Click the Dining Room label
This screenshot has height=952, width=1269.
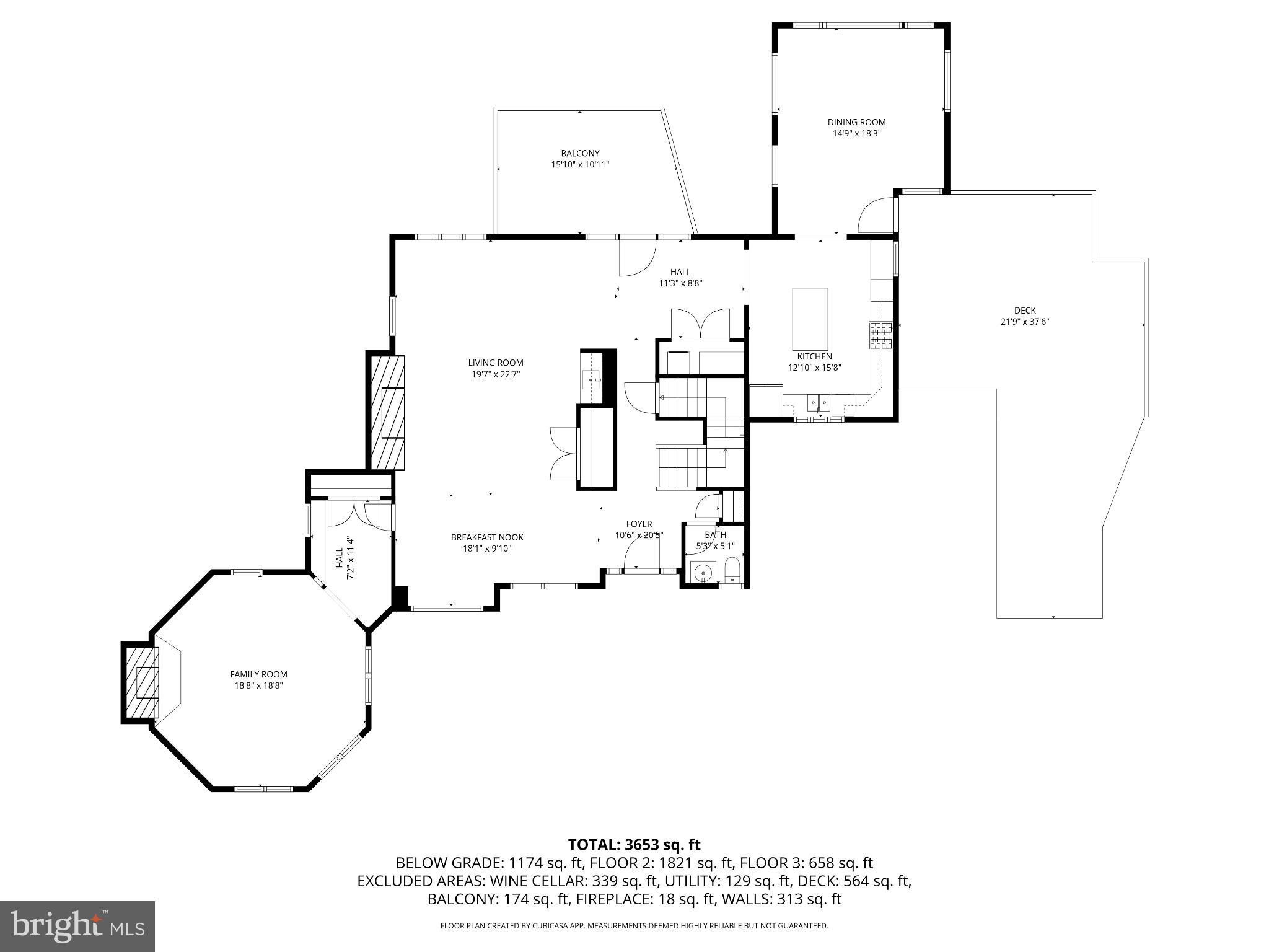856,122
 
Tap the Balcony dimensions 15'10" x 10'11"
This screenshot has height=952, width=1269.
580,165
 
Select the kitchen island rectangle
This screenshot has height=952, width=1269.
810,319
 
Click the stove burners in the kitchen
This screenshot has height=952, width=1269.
880,336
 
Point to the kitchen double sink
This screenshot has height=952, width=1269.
819,404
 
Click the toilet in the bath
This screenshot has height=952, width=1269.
732,570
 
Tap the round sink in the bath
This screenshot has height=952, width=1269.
704,573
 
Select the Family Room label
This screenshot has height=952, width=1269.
258,674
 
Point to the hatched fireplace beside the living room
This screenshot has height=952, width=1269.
387,412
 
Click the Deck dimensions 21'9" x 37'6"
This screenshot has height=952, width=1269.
1024,322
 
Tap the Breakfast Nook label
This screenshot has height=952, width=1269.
487,537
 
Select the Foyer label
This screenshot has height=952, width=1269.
639,524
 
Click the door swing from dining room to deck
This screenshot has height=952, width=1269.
874,214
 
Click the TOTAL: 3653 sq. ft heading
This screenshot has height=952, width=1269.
634,844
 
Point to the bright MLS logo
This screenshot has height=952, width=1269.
77,926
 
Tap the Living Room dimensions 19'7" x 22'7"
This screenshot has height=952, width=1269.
495,374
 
